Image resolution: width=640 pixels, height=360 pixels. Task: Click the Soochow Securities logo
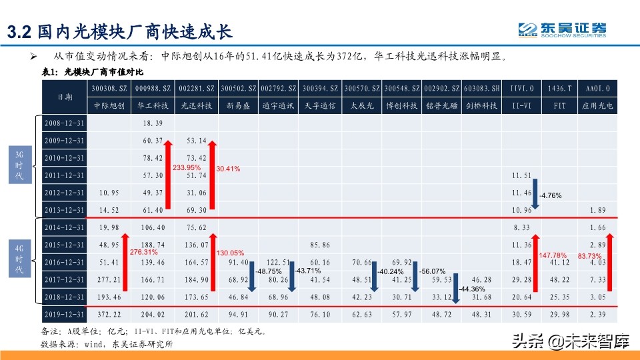(563, 30)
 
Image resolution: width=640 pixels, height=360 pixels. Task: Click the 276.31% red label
(143, 252)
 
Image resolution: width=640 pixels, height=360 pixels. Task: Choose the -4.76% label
(551, 196)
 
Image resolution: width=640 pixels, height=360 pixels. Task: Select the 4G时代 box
(19, 260)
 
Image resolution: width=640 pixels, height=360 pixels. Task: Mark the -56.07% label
(433, 271)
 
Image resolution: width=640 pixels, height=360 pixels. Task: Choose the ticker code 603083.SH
(481, 88)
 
